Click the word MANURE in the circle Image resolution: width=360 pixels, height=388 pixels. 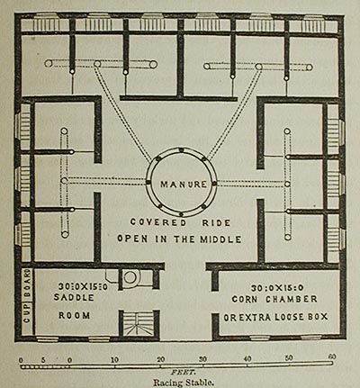tap(184, 184)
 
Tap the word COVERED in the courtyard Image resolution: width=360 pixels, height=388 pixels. tap(158, 222)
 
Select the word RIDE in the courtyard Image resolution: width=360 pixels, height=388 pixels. tap(216, 222)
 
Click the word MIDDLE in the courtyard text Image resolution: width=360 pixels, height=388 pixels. tap(220, 239)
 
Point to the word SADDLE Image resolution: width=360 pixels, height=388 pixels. tap(74, 297)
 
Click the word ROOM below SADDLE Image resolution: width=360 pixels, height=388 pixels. tap(75, 315)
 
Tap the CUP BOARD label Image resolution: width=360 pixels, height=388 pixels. tap(27, 295)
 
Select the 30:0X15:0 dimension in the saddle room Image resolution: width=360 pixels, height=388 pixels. tap(83, 286)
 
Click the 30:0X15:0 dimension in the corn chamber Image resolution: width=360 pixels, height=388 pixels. tap(277, 288)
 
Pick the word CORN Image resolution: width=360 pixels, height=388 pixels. tap(244, 299)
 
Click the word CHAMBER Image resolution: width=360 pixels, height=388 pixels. tap(291, 299)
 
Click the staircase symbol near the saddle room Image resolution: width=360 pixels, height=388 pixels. tap(139, 324)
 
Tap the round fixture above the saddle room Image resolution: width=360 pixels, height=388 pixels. tap(130, 277)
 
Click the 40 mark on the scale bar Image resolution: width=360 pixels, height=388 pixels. tap(247, 358)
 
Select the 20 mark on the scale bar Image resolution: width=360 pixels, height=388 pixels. tap(161, 359)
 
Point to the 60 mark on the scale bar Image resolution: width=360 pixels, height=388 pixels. tap(331, 357)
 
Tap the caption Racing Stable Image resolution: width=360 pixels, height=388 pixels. tap(184, 383)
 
